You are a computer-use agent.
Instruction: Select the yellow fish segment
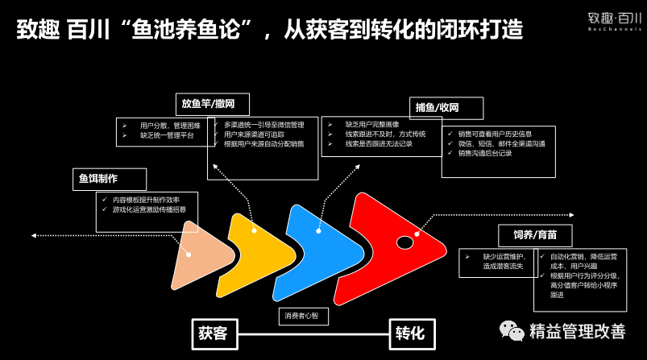250,246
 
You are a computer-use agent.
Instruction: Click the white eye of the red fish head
404,242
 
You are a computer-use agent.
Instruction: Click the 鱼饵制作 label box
110,179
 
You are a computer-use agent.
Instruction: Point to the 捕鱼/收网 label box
446,108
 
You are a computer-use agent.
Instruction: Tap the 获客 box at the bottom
214,333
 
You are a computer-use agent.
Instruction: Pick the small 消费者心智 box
303,317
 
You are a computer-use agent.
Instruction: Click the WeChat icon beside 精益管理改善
511,330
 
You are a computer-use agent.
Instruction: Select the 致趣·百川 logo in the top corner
615,21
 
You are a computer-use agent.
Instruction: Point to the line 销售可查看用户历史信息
495,133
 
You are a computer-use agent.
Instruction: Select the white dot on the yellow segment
254,231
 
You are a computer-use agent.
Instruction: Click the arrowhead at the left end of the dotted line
33,235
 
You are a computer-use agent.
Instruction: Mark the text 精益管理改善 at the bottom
577,331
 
